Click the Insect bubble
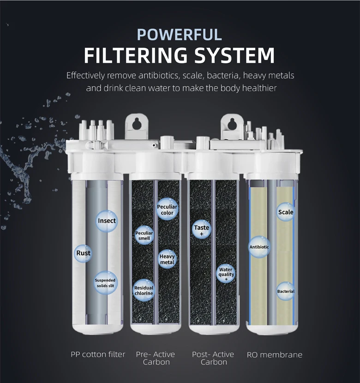[x=107, y=221]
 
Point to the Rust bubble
[x=84, y=253]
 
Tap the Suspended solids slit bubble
[x=105, y=283]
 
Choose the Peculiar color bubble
[x=167, y=210]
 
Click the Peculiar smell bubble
[x=144, y=235]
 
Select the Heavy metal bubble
[x=167, y=259]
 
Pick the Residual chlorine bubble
[x=144, y=290]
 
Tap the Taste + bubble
[x=201, y=230]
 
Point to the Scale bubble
[x=286, y=212]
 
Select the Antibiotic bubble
[x=259, y=247]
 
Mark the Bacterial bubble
[x=286, y=292]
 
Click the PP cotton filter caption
[x=98, y=354]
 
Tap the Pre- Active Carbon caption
[x=156, y=358]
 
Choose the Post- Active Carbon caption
[x=213, y=358]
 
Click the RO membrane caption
[x=275, y=354]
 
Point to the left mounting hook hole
[x=137, y=124]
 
